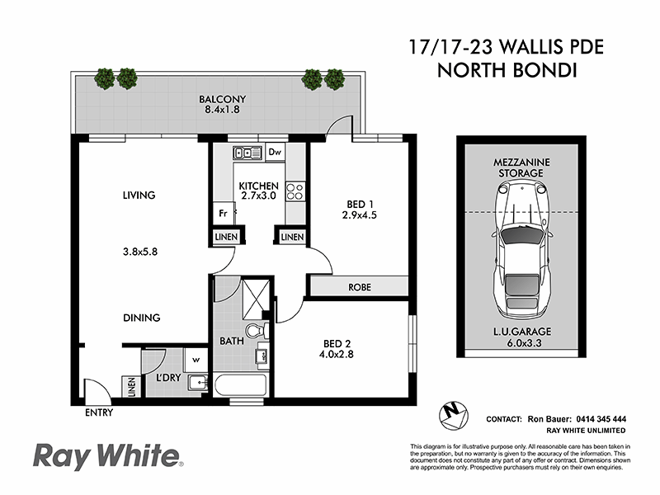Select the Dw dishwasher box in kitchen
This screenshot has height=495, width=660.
[275, 152]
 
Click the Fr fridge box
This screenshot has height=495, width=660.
[223, 213]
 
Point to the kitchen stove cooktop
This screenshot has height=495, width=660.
[295, 192]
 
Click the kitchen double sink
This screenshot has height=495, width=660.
[246, 152]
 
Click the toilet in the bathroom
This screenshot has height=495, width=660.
[258, 330]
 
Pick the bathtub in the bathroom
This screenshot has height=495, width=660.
[240, 384]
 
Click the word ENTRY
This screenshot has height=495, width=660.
[98, 412]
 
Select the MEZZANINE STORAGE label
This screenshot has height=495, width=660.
[518, 167]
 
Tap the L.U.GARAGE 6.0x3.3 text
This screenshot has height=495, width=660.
[518, 336]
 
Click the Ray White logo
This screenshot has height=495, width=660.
[107, 455]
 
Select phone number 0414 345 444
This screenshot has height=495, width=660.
[596, 419]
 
